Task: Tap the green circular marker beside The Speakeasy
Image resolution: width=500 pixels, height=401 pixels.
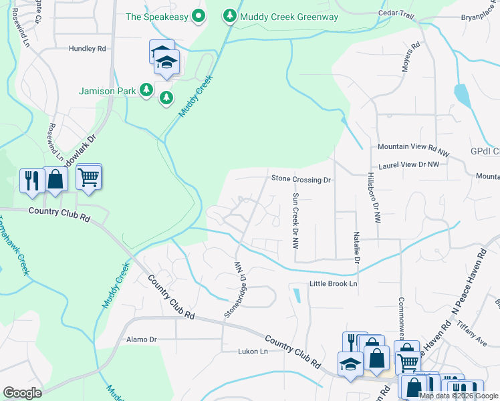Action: (x=198, y=16)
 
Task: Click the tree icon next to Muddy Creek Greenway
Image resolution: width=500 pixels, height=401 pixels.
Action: (x=230, y=15)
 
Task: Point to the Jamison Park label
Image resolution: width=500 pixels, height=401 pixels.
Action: (x=106, y=91)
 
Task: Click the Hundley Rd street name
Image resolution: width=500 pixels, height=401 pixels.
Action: (x=88, y=49)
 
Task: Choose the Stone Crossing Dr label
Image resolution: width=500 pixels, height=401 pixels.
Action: (x=301, y=179)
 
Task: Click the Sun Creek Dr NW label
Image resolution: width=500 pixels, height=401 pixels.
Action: (x=295, y=220)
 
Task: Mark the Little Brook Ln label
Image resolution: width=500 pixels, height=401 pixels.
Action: (x=334, y=284)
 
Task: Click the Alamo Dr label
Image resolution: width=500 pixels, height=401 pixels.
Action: (x=141, y=340)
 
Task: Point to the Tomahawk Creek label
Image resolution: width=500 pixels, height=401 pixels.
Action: (x=13, y=247)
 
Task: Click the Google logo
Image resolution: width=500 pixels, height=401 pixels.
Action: (x=22, y=392)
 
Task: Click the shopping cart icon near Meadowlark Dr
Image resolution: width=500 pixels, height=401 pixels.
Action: (x=88, y=177)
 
